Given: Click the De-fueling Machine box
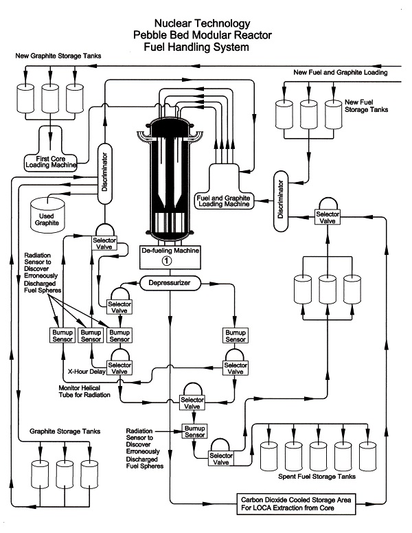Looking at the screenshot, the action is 170,257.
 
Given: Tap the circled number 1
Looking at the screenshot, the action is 167,261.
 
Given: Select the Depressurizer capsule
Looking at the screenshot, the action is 170,283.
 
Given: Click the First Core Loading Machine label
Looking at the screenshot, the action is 51,162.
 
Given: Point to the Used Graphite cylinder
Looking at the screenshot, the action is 47,216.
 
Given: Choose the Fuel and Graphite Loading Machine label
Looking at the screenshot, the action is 224,201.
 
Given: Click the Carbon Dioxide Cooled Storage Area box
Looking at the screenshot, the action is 296,503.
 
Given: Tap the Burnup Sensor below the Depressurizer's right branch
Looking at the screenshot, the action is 236,336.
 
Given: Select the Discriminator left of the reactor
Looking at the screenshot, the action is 104,174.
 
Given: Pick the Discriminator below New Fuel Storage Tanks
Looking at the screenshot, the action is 281,201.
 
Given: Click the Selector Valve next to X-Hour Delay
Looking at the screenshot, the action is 119,368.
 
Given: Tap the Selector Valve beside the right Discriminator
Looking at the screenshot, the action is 328,218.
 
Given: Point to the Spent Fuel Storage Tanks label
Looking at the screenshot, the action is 317,476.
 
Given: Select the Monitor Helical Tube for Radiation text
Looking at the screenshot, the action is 84,392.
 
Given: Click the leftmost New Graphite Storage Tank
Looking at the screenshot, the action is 25,98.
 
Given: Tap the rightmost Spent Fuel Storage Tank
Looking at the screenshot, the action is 367,456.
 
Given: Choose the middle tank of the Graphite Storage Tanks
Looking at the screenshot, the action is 65,474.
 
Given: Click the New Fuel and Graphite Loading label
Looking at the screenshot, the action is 341,72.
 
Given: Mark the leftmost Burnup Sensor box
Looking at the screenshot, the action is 62,336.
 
